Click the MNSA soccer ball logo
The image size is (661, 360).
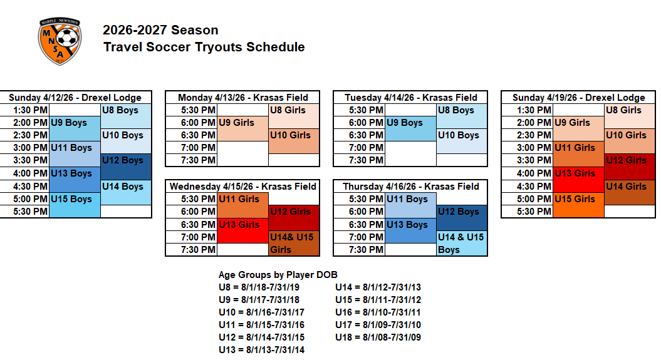click(60, 41)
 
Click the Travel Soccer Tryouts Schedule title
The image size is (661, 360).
click(204, 47)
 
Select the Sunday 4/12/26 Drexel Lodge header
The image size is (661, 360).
click(75, 98)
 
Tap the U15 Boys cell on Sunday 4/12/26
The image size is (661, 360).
click(75, 205)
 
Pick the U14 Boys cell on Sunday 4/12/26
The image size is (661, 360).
click(126, 192)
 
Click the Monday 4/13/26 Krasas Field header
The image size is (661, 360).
click(242, 98)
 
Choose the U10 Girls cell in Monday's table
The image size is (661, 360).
click(294, 141)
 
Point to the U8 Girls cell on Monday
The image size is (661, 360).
click(294, 116)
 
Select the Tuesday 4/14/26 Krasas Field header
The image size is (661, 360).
click(410, 98)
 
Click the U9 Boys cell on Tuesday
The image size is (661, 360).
click(410, 128)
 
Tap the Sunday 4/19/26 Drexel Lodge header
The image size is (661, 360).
click(578, 98)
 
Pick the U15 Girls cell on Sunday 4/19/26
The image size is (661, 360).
click(578, 205)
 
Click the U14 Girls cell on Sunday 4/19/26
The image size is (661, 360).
click(630, 192)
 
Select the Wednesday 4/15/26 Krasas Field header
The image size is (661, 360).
click(242, 187)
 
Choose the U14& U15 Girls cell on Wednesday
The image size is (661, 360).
click(294, 243)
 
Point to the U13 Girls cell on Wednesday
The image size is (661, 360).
click(242, 230)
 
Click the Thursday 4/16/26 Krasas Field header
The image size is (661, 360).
click(410, 187)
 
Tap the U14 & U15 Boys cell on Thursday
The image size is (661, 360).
click(462, 243)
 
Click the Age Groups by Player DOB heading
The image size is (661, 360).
click(278, 275)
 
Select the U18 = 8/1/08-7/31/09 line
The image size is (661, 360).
click(378, 337)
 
